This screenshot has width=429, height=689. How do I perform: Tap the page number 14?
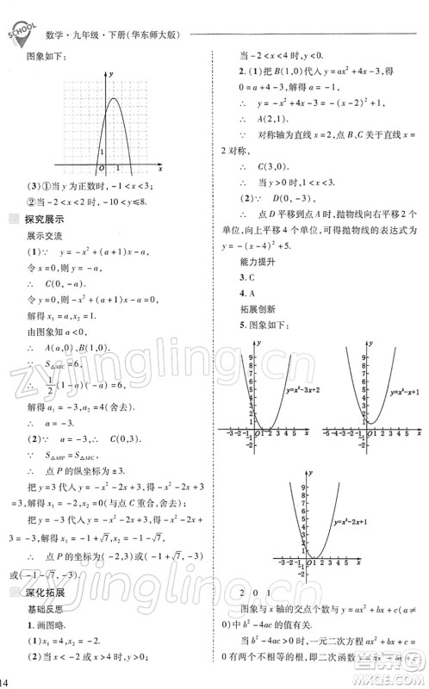tap(7, 681)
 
